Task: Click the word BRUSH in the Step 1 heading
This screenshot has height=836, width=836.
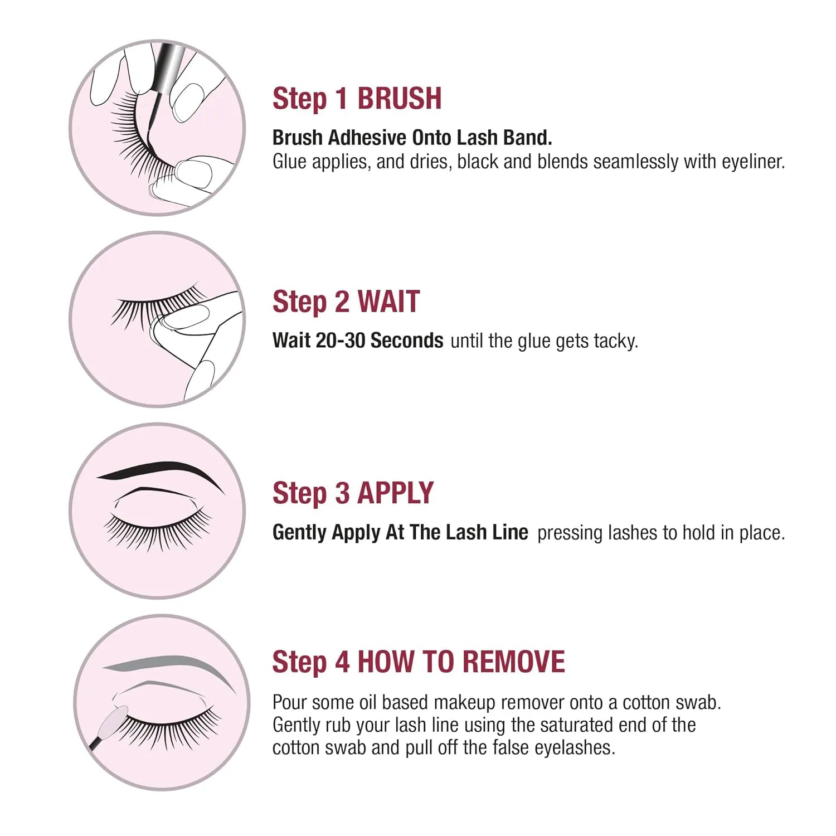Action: coord(399,99)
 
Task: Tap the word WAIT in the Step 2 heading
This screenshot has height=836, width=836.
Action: coord(388,302)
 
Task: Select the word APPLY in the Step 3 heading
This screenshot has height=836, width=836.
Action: coord(395,493)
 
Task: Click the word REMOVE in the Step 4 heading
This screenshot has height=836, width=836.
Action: coord(513,662)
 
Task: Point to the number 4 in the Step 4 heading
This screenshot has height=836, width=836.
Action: coord(342,662)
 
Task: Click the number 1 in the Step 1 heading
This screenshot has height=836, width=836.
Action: coord(342,99)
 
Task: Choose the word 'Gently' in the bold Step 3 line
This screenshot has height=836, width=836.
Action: coord(300,533)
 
